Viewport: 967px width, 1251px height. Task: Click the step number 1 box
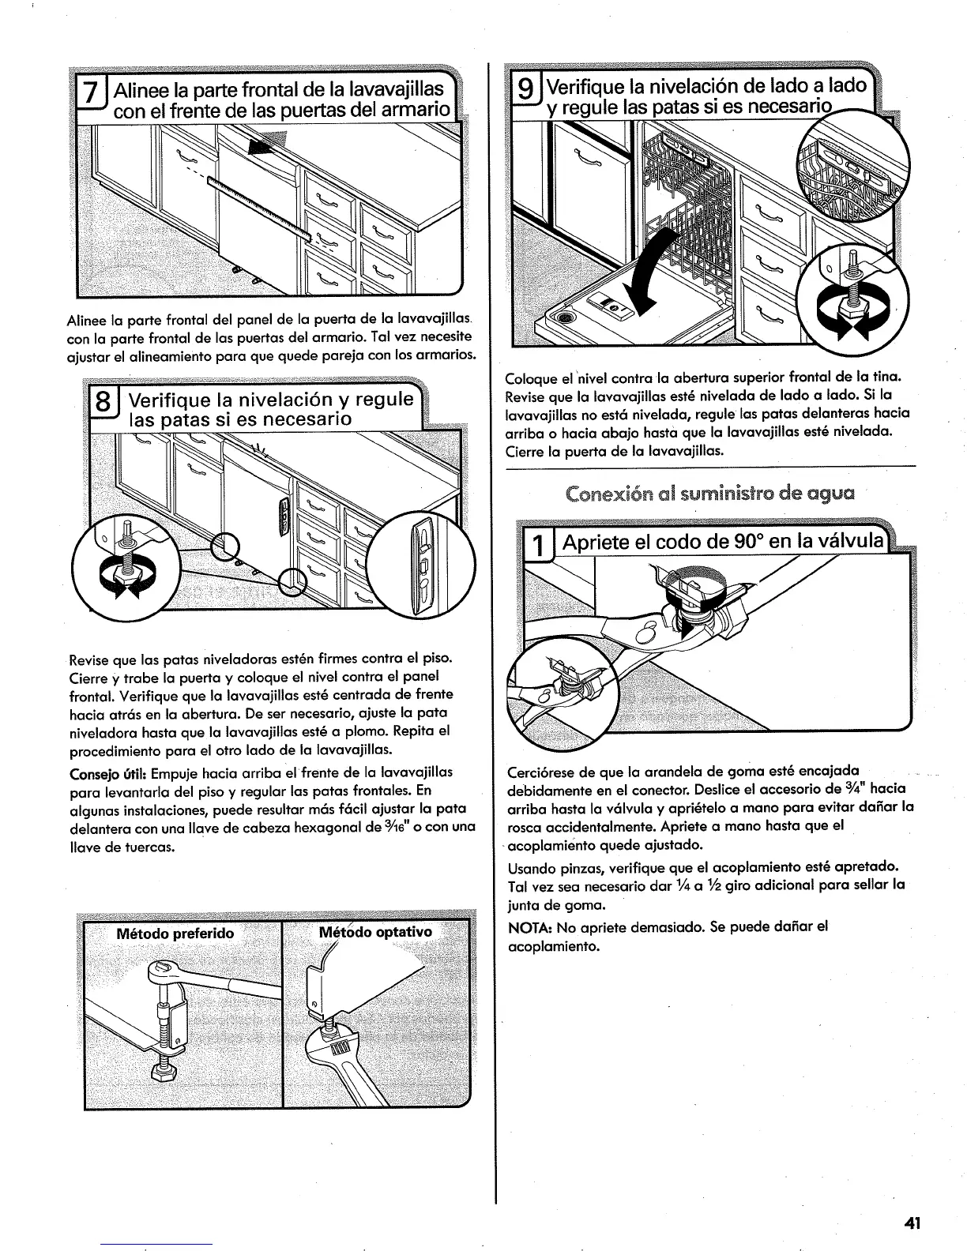(537, 544)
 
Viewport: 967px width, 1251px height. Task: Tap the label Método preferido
(175, 934)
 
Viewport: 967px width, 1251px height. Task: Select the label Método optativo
(375, 932)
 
